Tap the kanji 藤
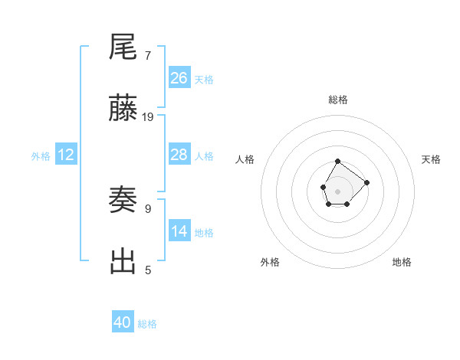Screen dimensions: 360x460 point(123,110)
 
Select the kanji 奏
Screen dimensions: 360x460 point(123,201)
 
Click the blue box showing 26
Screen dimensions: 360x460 point(179,77)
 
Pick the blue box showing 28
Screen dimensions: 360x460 point(179,155)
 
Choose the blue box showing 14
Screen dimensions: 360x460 point(179,231)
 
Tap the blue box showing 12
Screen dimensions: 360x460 point(66,155)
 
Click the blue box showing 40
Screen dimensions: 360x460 point(123,322)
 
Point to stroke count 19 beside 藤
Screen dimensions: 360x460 point(148,117)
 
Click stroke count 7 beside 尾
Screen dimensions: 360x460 point(148,55)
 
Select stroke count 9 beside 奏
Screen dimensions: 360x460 point(148,208)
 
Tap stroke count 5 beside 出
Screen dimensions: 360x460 point(148,270)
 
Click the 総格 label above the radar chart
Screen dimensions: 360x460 point(338,100)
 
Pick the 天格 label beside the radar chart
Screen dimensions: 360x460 point(432,159)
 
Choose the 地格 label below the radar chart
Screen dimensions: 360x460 point(402,262)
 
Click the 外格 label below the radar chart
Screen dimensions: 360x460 point(270,262)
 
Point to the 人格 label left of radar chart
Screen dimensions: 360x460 point(245,159)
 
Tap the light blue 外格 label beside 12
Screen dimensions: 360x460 point(41,156)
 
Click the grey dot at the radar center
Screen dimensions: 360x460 point(338,190)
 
